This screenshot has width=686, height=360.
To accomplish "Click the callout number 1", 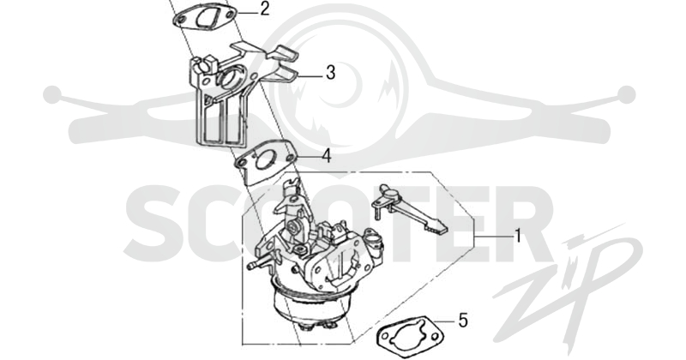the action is [518, 236].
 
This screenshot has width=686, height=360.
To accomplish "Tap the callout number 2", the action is [264, 9].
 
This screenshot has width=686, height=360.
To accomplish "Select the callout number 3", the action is [330, 73].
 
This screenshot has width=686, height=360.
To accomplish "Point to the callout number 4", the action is [327, 156].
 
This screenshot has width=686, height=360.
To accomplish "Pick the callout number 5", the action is [463, 321].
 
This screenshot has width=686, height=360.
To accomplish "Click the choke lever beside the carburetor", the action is [409, 209].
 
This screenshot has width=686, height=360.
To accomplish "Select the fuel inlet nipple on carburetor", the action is [254, 265].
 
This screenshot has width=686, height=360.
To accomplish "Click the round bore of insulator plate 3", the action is [228, 78].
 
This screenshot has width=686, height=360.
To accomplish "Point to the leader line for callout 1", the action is [495, 237].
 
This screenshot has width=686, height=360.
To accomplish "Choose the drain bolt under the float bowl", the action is [316, 324].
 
